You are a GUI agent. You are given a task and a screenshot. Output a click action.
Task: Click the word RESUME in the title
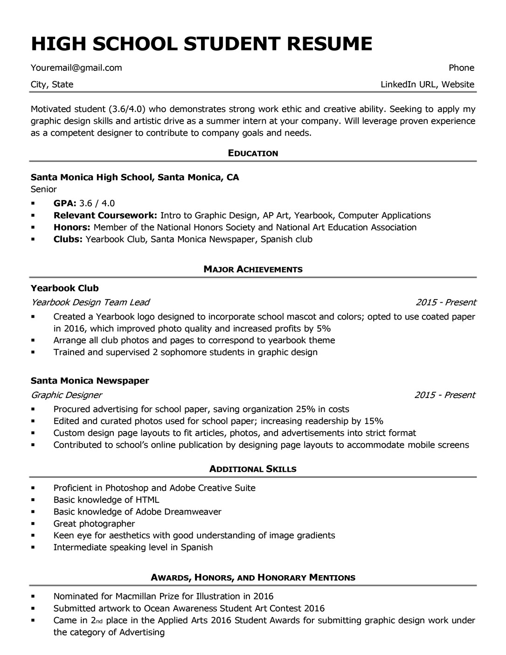[x=329, y=43]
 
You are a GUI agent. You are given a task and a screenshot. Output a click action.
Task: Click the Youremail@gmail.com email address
[x=76, y=68]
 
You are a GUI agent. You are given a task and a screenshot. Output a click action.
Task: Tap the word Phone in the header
[x=461, y=68]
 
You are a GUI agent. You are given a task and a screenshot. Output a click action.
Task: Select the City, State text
[x=52, y=84]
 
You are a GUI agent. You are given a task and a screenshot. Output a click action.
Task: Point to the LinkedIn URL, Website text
[x=427, y=84]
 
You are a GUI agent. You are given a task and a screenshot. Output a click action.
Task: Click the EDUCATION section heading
[x=253, y=153]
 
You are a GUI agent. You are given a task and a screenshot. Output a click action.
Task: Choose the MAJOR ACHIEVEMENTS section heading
[x=253, y=269]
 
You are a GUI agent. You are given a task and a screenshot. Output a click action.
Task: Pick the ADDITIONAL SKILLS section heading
[x=253, y=469]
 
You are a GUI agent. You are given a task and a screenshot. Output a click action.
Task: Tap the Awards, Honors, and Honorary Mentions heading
[x=253, y=578]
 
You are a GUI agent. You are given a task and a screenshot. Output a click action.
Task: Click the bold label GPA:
[x=65, y=203]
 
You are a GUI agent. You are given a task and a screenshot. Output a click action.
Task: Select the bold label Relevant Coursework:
[x=105, y=216]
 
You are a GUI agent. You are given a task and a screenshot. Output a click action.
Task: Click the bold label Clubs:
[x=68, y=239]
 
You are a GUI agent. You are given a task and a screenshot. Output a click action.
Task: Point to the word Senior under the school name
[x=43, y=189]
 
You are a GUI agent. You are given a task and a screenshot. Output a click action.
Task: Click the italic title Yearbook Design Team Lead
[x=90, y=302]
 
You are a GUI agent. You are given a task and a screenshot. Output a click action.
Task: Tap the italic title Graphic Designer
[x=66, y=395]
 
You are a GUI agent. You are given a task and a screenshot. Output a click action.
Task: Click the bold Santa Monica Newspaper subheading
[x=90, y=381]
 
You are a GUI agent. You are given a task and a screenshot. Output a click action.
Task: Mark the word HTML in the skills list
[x=147, y=500]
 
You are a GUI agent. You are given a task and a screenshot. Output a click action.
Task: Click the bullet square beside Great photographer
[x=33, y=524]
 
